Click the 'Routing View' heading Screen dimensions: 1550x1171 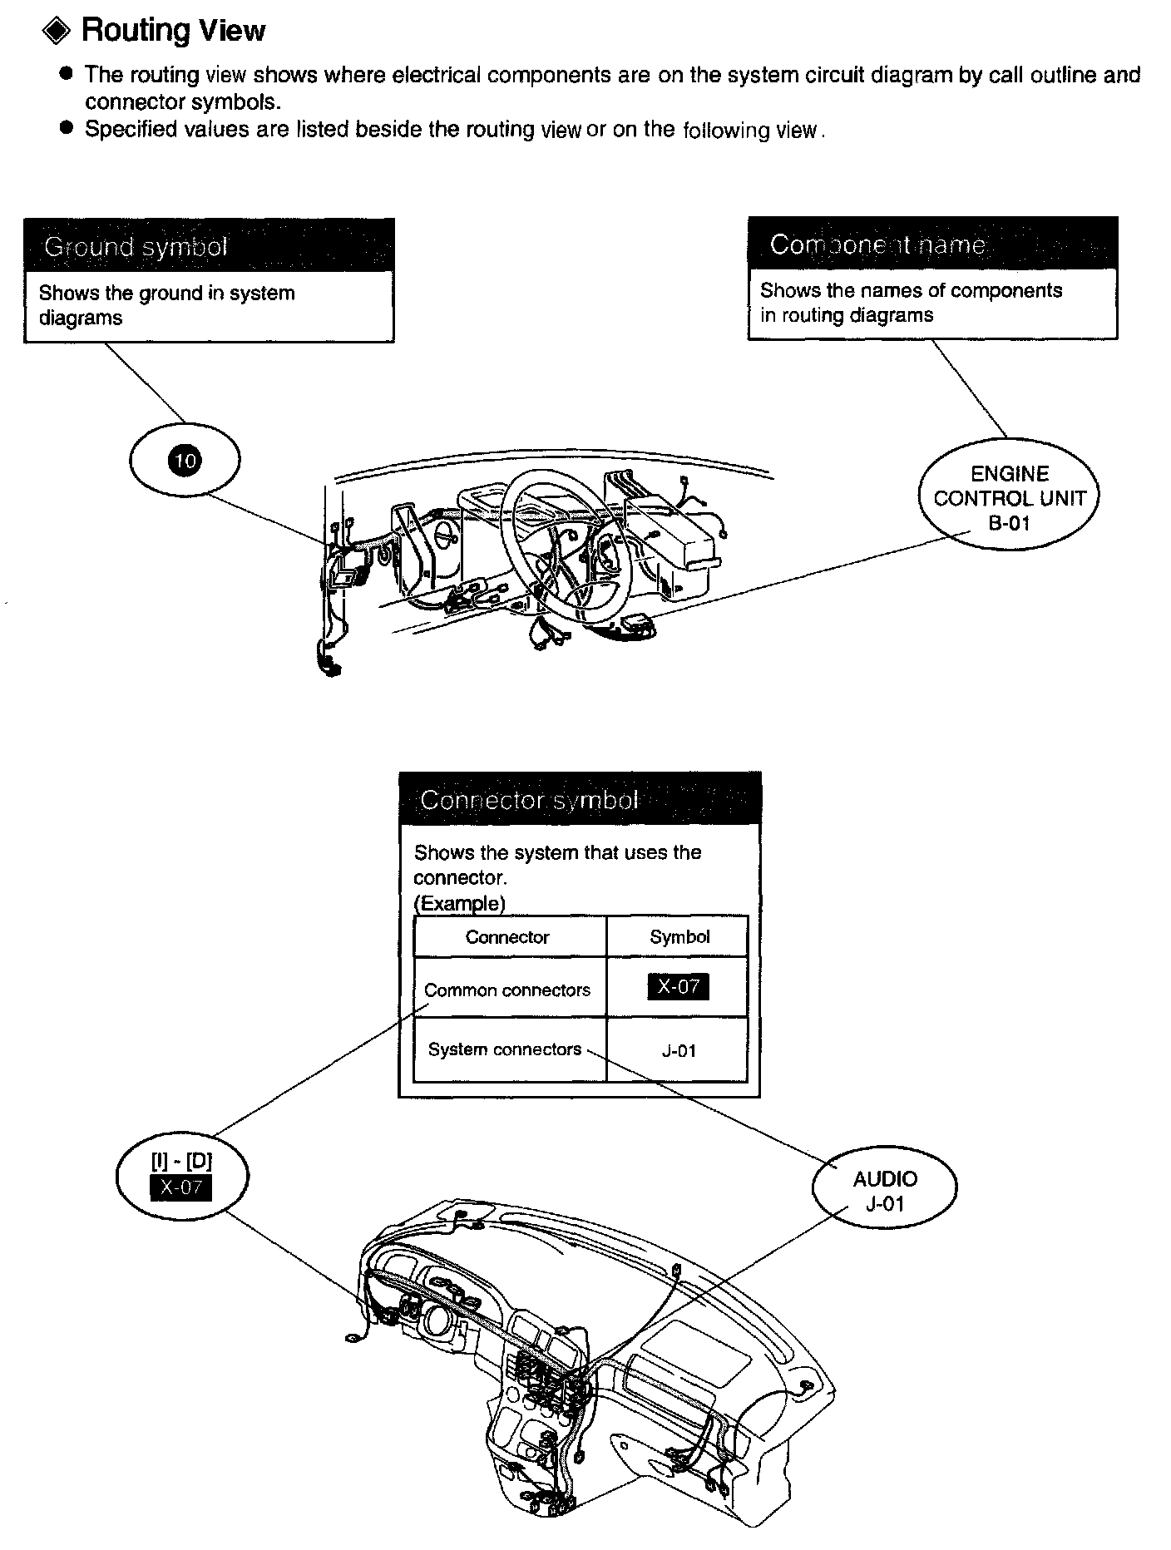click(173, 31)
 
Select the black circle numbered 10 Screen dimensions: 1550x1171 click(185, 460)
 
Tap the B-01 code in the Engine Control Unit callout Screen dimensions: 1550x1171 click(1009, 523)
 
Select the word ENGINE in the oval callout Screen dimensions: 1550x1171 click(1010, 474)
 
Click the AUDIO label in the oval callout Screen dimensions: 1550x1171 click(885, 1178)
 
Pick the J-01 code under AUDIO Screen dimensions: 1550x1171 click(885, 1203)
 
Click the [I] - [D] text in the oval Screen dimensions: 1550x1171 click(181, 1162)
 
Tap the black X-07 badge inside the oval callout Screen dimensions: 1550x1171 click(181, 1187)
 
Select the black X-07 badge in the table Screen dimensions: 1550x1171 click(678, 987)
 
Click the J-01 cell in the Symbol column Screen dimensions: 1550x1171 click(679, 1051)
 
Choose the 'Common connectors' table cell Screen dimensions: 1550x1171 click(507, 990)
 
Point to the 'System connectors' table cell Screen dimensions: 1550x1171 click(505, 1049)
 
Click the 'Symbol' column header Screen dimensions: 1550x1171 click(679, 937)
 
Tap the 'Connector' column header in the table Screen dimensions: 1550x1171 click(507, 937)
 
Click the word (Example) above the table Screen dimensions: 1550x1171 click(459, 903)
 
